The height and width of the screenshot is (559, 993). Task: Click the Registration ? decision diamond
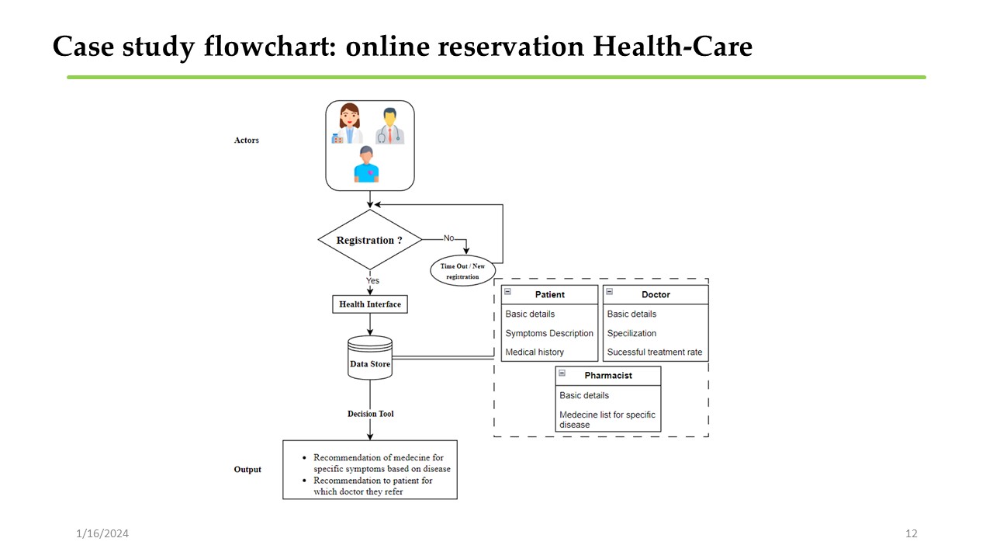[369, 240]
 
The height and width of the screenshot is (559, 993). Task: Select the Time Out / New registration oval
[462, 271]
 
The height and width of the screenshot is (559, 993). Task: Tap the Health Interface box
[369, 304]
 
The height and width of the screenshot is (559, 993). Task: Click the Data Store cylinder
[370, 359]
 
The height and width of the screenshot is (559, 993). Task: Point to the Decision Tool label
[370, 414]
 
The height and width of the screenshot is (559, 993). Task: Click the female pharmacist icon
[349, 124]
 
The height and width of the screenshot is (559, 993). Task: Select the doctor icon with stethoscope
[390, 126]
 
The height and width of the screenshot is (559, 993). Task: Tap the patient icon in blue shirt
[366, 164]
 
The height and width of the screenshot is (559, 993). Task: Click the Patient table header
[550, 295]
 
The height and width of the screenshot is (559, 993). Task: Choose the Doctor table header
[656, 295]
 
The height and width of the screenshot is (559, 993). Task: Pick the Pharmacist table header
[608, 376]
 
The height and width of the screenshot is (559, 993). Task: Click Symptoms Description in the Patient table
[549, 333]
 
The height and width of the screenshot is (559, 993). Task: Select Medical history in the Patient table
[535, 352]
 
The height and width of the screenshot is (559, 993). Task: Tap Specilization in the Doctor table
[631, 333]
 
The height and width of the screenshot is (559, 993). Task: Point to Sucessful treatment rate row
[655, 352]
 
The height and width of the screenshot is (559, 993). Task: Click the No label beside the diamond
[448, 238]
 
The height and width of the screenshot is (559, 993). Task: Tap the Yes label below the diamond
[372, 280]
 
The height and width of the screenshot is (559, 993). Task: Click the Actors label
[247, 141]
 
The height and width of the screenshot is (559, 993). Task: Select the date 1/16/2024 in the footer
[102, 533]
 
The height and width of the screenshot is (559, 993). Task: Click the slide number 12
[912, 533]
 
